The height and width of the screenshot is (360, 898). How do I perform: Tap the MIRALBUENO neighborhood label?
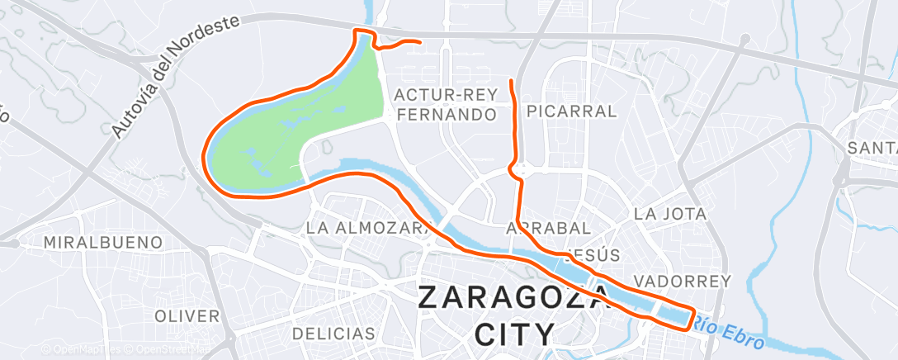[103, 243]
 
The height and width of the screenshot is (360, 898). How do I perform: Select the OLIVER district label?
[187, 316]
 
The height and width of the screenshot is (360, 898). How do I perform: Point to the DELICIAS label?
[333, 334]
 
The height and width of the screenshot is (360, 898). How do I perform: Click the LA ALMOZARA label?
[368, 226]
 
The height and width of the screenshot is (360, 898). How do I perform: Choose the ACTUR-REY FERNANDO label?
[446, 103]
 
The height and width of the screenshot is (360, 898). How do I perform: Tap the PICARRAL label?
[571, 111]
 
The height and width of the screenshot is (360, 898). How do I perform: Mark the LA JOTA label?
[670, 214]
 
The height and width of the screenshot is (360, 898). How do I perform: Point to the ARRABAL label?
[548, 227]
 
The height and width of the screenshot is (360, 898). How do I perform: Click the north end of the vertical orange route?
[513, 81]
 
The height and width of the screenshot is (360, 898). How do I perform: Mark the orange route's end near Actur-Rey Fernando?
[421, 41]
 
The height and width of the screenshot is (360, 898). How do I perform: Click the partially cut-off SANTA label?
[872, 148]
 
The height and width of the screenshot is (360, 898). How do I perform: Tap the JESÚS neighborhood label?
[601, 254]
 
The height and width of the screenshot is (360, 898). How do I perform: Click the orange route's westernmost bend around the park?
[205, 153]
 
